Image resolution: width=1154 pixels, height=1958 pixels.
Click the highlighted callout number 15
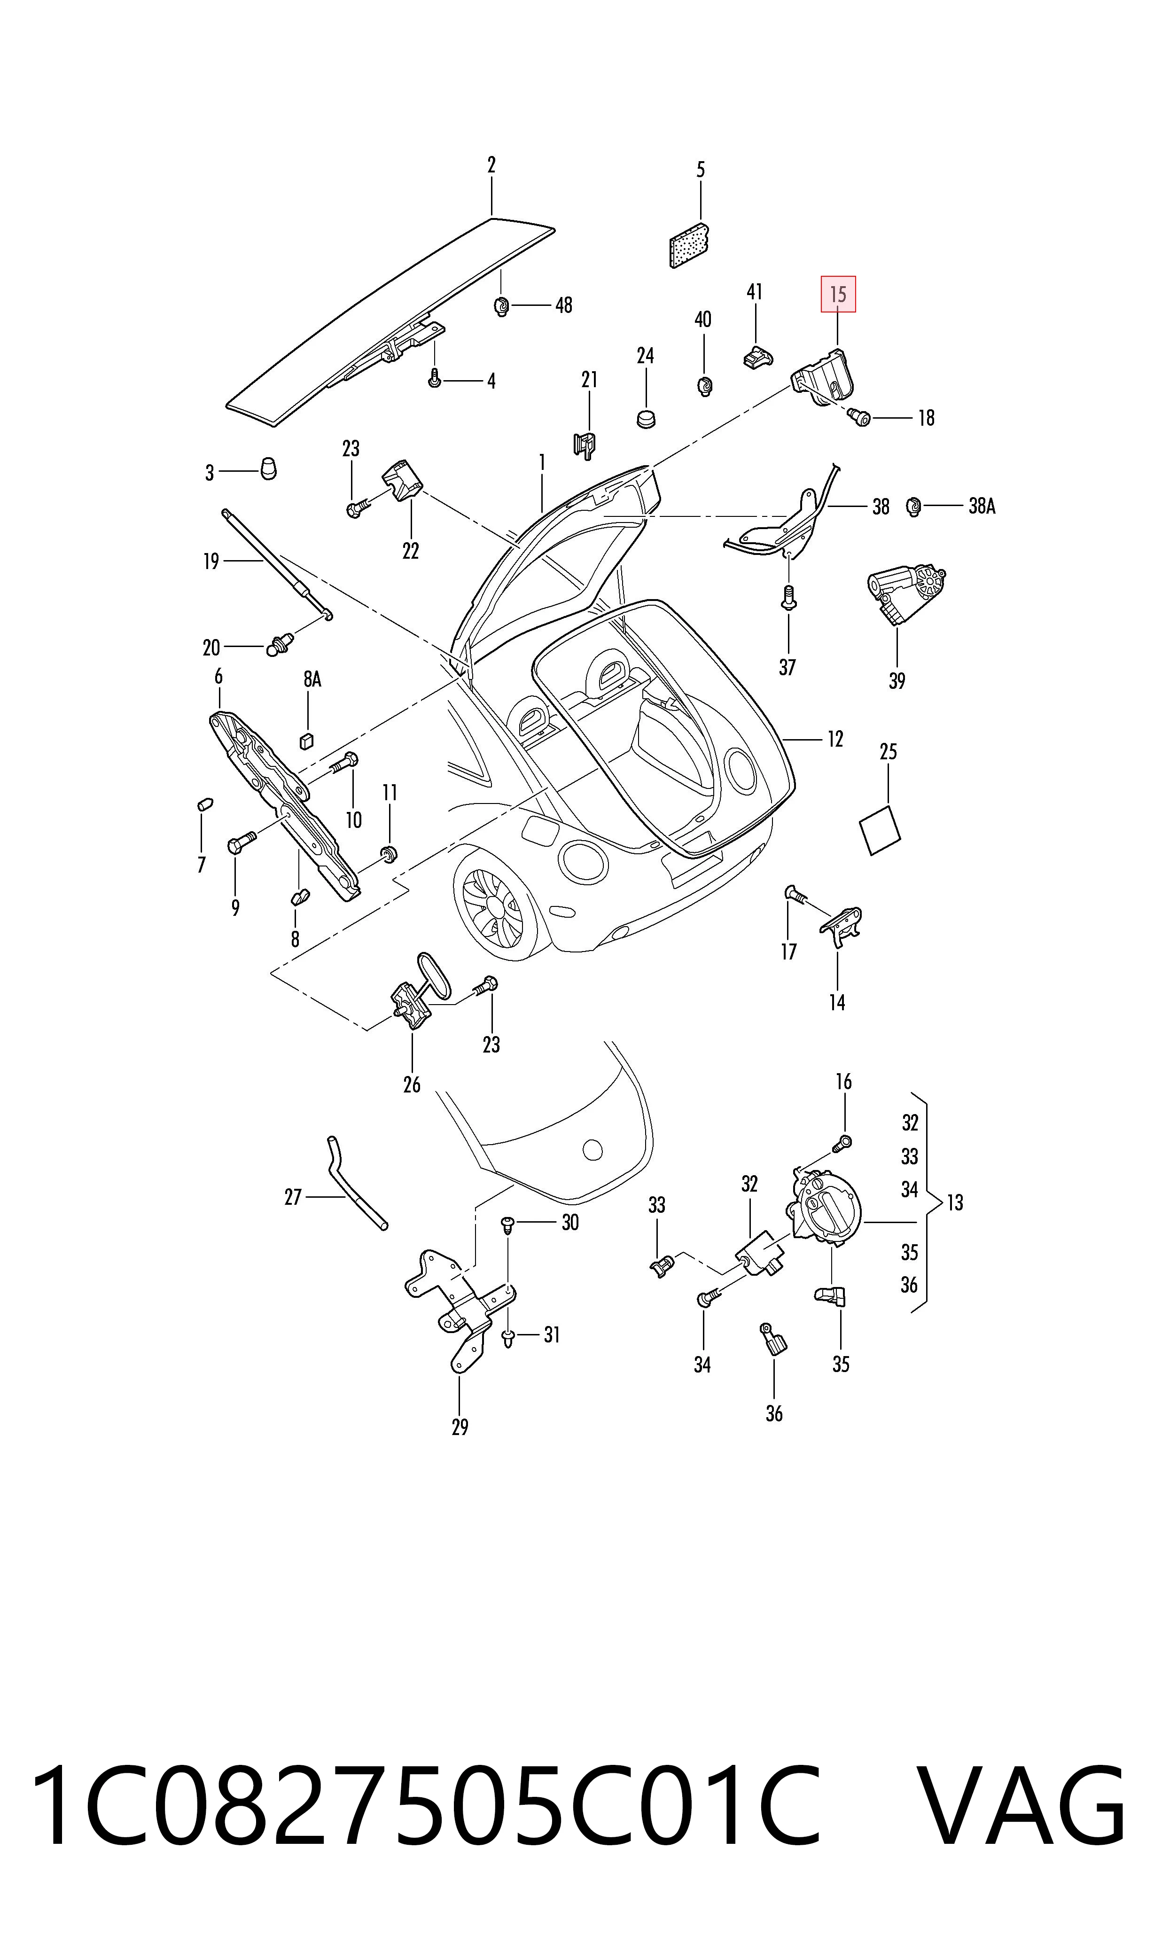click(838, 295)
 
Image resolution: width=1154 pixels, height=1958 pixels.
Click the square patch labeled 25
click(880, 830)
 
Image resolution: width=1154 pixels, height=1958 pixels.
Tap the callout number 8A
click(312, 679)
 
